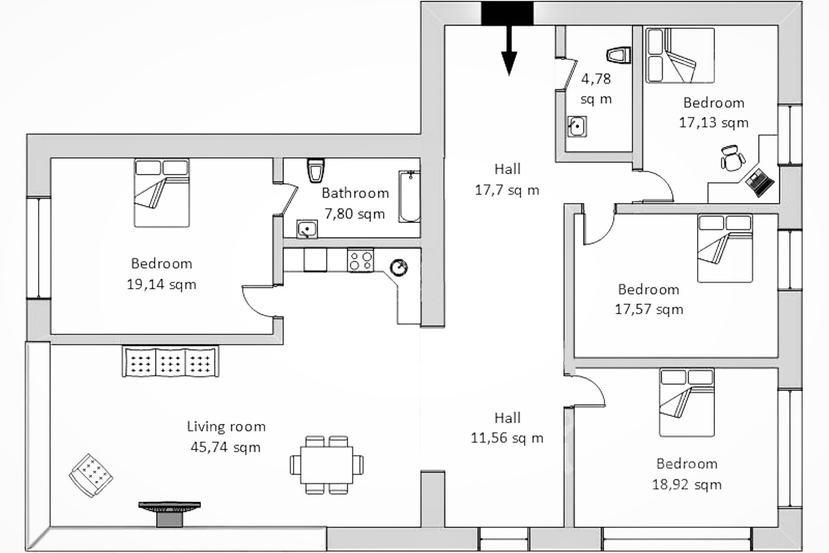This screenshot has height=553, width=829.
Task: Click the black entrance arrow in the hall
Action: point(509,50)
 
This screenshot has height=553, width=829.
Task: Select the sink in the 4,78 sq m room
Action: point(577,127)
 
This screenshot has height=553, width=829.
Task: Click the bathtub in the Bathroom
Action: point(409,197)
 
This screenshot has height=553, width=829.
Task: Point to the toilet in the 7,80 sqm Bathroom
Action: point(316,170)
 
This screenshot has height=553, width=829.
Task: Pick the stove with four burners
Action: point(361,260)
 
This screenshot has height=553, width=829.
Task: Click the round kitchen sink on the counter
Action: point(399,267)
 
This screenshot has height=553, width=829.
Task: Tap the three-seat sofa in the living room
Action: point(171,361)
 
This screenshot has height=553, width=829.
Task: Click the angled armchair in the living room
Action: point(91,475)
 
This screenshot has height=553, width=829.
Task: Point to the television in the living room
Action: point(170,513)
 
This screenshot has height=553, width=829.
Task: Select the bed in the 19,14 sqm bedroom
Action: point(162,193)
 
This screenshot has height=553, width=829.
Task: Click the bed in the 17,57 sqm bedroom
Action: point(725,248)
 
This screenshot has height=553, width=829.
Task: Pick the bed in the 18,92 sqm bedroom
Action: point(687,403)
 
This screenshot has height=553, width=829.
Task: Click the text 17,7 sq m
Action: point(507,190)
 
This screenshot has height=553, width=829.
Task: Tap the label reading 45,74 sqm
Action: point(225,447)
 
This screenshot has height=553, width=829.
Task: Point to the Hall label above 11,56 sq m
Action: point(507,418)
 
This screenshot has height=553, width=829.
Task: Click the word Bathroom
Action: point(355,193)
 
